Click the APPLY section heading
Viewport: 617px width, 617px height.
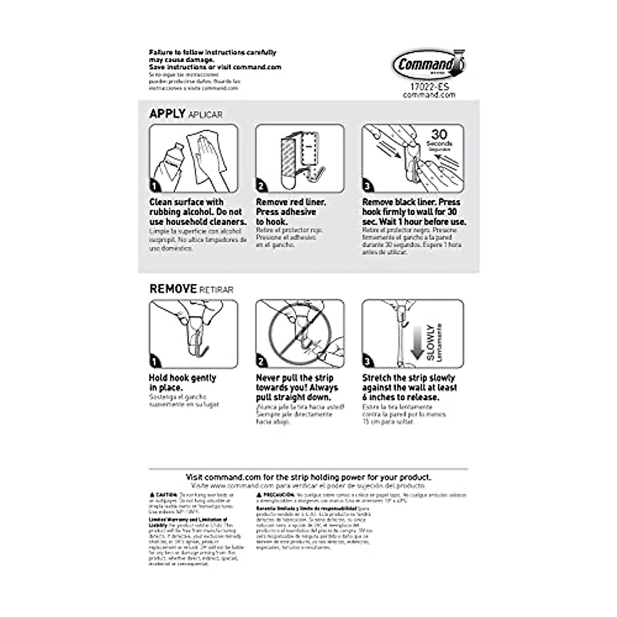point(167,114)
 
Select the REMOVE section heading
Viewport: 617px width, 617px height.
point(173,289)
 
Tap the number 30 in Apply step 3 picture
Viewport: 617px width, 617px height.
point(439,135)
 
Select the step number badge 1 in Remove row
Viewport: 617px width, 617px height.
point(155,362)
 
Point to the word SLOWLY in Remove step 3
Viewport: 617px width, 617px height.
point(431,342)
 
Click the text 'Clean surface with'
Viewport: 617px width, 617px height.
point(186,202)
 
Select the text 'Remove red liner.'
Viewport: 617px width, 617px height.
point(291,202)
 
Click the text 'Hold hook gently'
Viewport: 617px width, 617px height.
point(183,378)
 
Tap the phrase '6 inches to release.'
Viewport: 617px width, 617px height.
point(401,397)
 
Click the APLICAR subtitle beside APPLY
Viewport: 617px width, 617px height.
point(206,115)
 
